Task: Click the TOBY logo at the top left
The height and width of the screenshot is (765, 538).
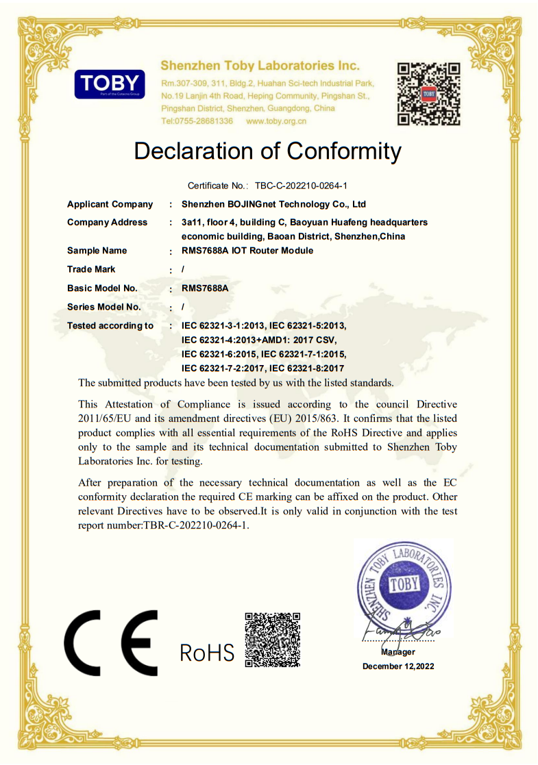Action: [110, 84]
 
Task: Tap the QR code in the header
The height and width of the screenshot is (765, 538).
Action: [428, 94]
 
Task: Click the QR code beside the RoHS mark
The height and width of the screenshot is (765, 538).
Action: [272, 640]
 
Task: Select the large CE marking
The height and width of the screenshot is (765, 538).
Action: [111, 642]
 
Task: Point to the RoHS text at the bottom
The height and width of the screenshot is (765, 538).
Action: [206, 653]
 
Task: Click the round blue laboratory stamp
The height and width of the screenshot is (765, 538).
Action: [404, 586]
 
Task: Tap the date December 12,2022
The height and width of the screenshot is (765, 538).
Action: [398, 666]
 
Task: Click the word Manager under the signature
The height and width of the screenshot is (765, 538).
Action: [398, 652]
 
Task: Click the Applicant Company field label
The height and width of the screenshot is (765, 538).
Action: [110, 204]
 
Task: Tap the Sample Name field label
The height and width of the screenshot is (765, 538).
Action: [97, 251]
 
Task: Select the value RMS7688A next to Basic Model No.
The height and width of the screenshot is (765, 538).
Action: [205, 288]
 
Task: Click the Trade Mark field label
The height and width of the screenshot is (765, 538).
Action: [91, 269]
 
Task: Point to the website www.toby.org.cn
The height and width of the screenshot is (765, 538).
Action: [276, 121]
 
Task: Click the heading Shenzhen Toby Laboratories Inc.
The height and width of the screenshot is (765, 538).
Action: [260, 66]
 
